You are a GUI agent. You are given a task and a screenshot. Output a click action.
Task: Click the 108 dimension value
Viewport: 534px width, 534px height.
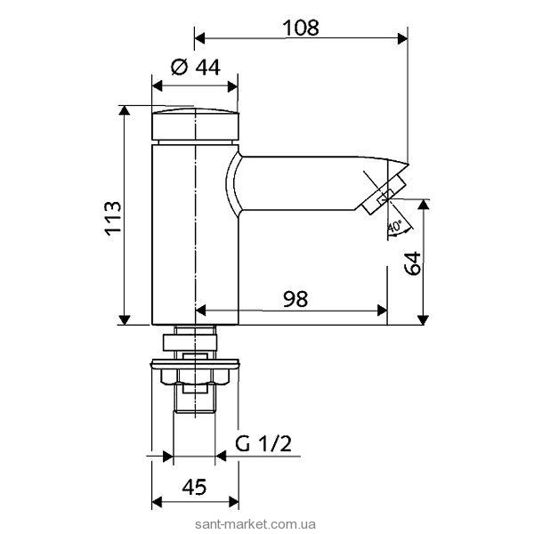point(301,28)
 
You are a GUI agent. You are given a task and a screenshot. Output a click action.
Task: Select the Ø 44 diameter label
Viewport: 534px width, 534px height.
point(196,67)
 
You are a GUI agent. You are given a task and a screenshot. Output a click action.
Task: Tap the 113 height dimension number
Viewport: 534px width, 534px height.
point(113,218)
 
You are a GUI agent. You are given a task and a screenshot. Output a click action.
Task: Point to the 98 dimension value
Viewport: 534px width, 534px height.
point(295,299)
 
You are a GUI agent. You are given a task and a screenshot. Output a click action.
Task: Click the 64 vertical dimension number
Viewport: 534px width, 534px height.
point(412,263)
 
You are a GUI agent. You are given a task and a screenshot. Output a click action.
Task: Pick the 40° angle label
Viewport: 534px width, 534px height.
point(395,226)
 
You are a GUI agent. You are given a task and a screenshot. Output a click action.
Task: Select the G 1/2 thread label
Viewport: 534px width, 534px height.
point(263,444)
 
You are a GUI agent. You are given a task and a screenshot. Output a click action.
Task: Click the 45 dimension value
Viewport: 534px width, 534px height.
point(194,487)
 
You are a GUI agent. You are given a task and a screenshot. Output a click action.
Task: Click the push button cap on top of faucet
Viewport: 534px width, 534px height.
point(195,125)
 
